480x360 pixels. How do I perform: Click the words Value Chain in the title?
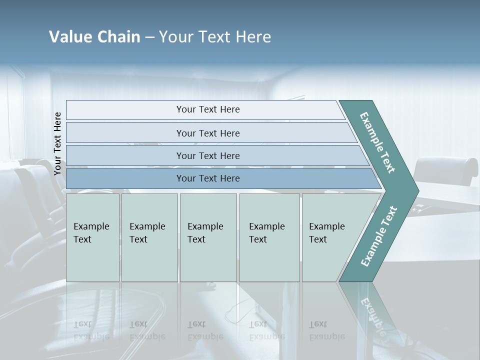tap(94, 37)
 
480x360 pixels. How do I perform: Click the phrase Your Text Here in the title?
tap(215, 37)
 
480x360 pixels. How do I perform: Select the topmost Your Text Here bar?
tap(207, 109)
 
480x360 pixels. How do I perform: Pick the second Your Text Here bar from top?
tap(207, 133)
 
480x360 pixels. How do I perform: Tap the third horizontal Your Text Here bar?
tap(207, 155)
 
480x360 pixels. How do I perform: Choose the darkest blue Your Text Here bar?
tap(207, 178)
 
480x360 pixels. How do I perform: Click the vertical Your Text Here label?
tap(57, 143)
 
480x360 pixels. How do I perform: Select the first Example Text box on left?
tap(92, 237)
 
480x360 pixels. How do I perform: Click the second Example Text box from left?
tap(149, 237)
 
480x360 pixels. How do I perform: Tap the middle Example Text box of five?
tap(207, 237)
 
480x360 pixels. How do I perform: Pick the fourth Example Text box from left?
tap(269, 237)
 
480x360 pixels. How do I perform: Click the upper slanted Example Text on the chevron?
tap(377, 142)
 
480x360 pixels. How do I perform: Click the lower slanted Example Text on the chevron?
tap(378, 236)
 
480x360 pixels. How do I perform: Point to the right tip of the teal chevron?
tap(418, 190)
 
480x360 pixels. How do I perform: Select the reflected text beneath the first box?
tap(91, 330)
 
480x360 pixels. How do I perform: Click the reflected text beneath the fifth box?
tap(326, 330)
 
